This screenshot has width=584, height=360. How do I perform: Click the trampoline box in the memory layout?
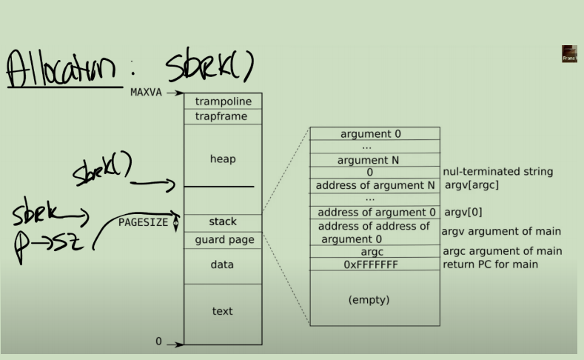pos(223,101)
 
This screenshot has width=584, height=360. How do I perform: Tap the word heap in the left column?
pos(223,159)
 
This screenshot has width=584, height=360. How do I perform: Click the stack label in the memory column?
pos(223,221)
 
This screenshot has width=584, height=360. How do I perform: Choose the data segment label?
pos(223,264)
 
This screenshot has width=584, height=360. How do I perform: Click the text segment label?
pos(223,311)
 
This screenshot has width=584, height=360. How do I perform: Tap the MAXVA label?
pos(146,93)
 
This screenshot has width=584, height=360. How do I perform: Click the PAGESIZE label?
pos(144,221)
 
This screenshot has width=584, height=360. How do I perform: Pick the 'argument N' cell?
pos(374,160)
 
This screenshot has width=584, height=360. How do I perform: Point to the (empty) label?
pos(369,300)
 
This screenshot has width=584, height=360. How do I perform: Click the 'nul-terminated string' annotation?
pos(497,172)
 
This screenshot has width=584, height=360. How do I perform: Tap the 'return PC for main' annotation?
pos(490,264)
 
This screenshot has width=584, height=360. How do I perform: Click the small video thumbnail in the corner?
pos(569,54)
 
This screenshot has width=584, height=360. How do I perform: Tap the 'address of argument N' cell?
pos(374,185)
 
